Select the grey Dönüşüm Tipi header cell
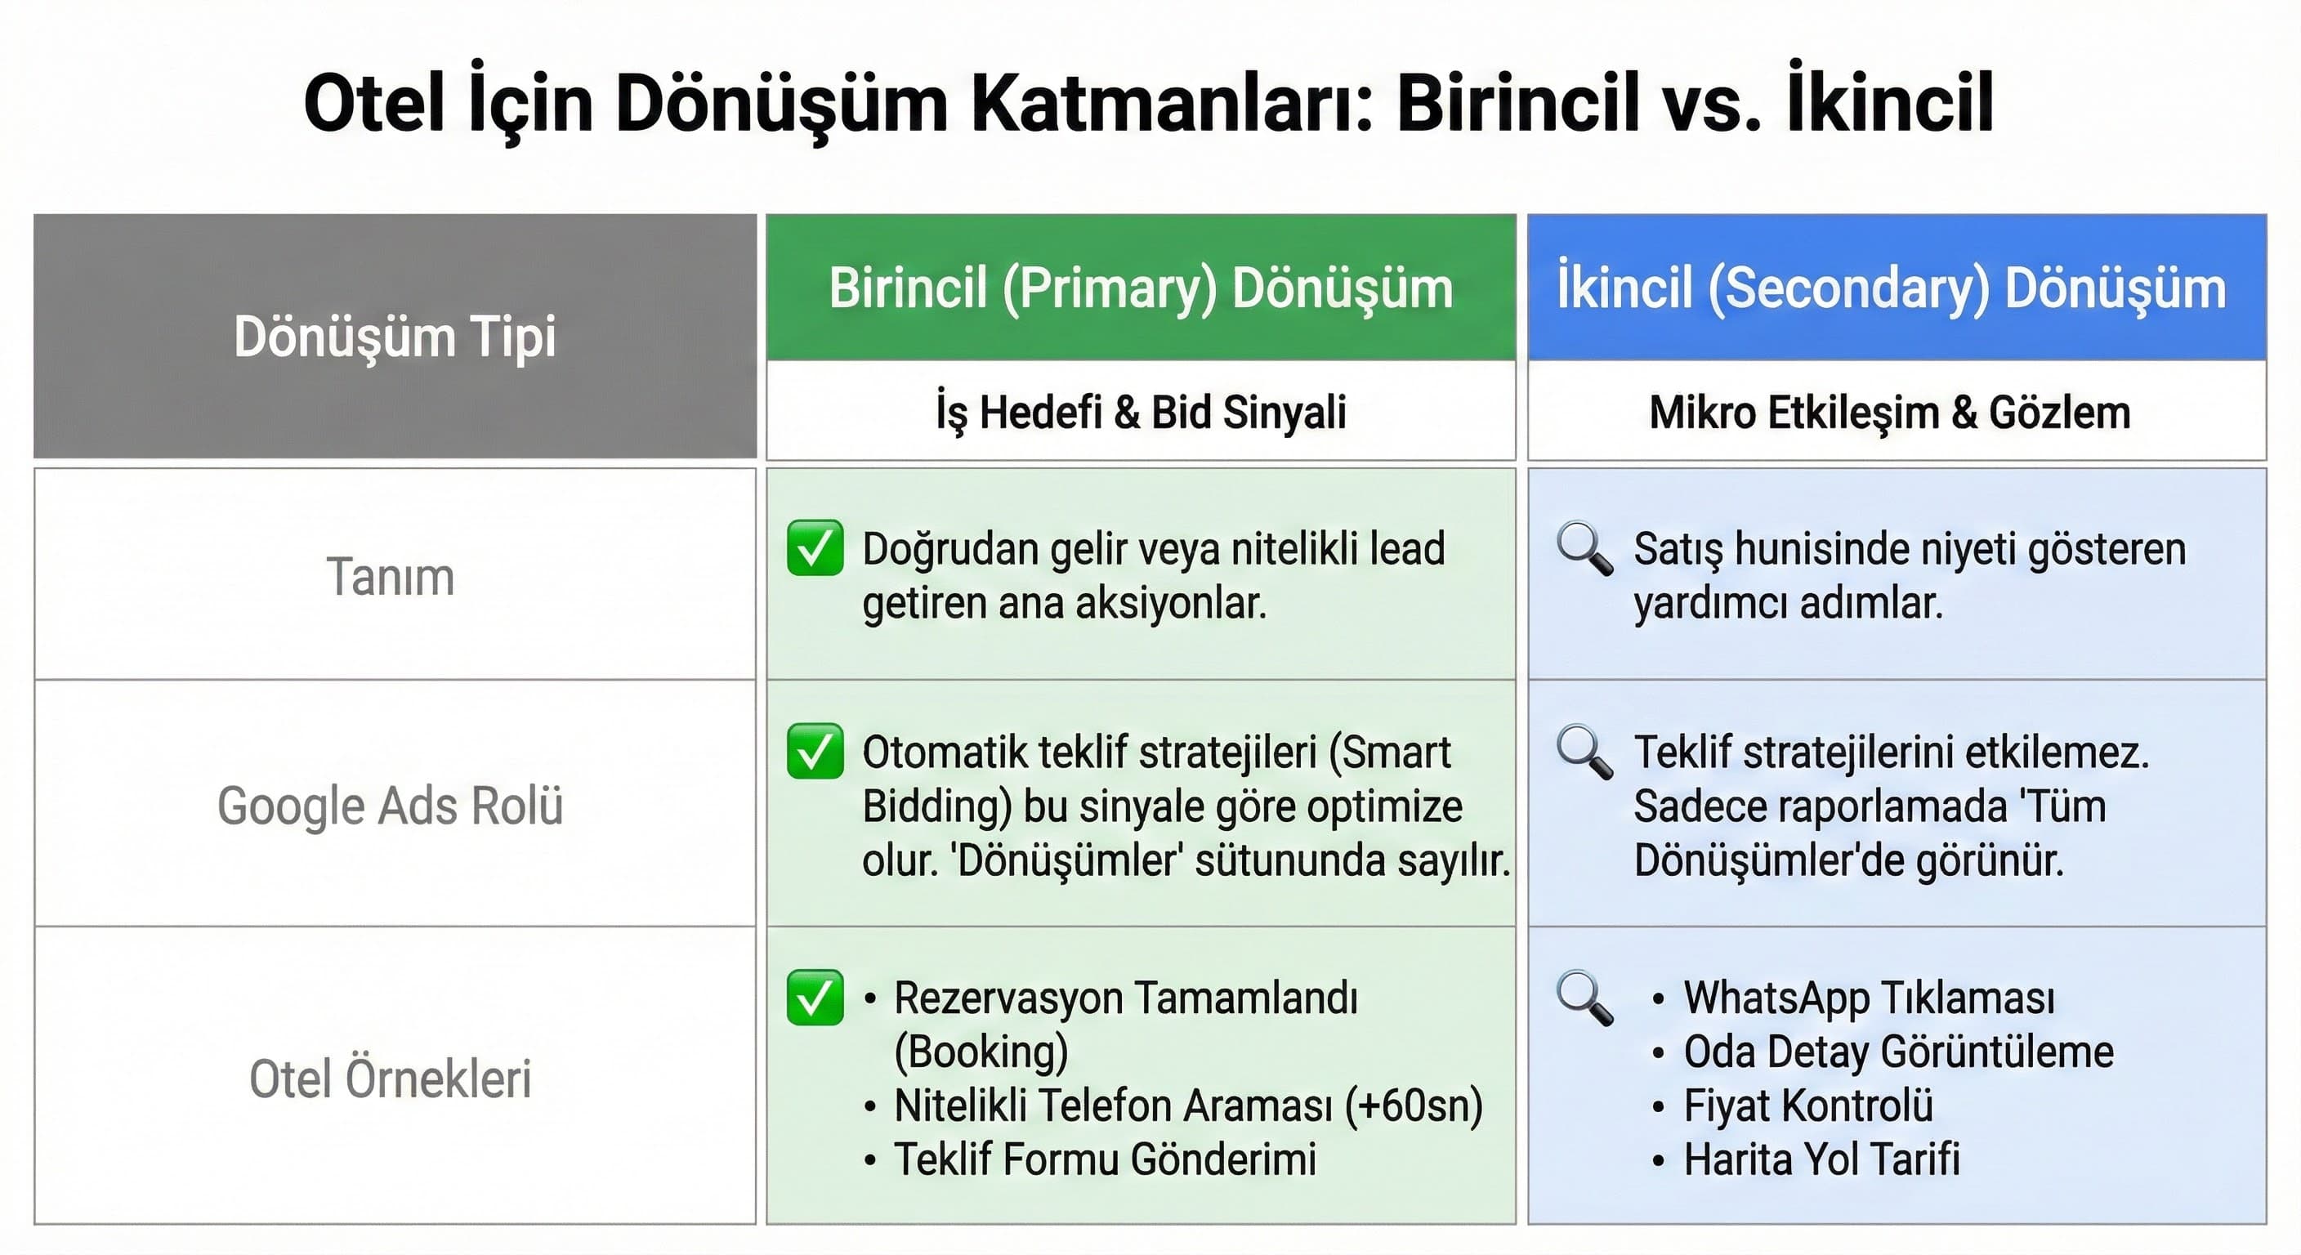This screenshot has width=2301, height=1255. click(x=395, y=336)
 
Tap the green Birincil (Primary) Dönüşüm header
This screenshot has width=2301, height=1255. click(x=1141, y=288)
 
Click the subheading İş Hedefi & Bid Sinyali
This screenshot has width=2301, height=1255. click(x=1141, y=413)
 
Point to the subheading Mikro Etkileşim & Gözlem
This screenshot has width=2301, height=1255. click(x=1889, y=413)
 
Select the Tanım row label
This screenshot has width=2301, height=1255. click(x=391, y=576)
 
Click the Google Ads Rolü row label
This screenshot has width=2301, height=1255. click(x=391, y=806)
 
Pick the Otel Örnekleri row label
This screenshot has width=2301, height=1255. click(x=391, y=1079)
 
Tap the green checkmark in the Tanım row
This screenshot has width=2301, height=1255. click(x=815, y=547)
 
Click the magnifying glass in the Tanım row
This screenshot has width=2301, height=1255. click(x=1584, y=547)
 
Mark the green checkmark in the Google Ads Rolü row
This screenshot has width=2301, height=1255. click(x=815, y=751)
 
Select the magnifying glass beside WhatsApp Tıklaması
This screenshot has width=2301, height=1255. click(x=1584, y=997)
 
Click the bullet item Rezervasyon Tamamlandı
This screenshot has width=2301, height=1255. click(x=1125, y=998)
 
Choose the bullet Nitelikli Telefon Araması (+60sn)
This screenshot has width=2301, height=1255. click(x=1188, y=1105)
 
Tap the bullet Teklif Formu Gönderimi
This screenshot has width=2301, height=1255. click(x=1105, y=1159)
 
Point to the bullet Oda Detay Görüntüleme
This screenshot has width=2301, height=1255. click(x=1898, y=1052)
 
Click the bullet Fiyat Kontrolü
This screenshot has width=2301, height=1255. click(x=1808, y=1105)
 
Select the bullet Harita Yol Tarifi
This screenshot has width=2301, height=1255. click(x=1821, y=1159)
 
